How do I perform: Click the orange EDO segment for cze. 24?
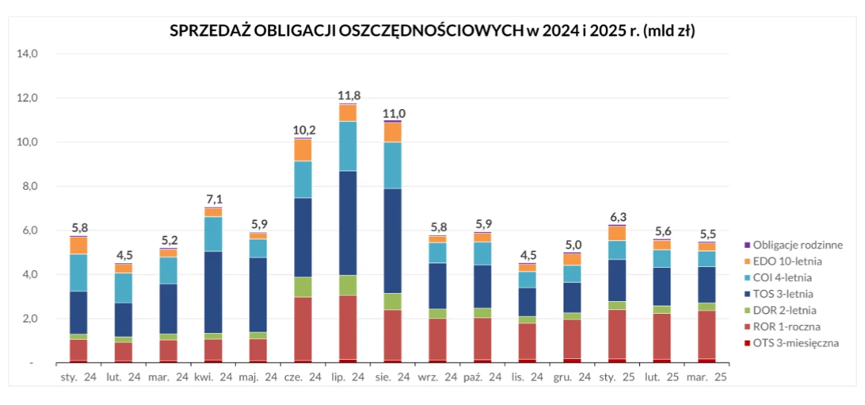coord(303,150)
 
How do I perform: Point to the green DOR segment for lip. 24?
coord(347,286)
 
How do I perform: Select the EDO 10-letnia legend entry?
coord(787,260)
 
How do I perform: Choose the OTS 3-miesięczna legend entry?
coord(795,343)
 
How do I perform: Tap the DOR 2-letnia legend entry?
coord(786,310)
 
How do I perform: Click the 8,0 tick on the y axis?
coord(30,186)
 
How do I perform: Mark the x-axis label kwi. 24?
coord(213,377)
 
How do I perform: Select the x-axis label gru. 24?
coord(571,377)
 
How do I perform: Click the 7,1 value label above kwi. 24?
coord(213,199)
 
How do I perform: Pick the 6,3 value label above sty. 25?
coord(616,217)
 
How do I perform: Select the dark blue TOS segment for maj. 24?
coord(258,294)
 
